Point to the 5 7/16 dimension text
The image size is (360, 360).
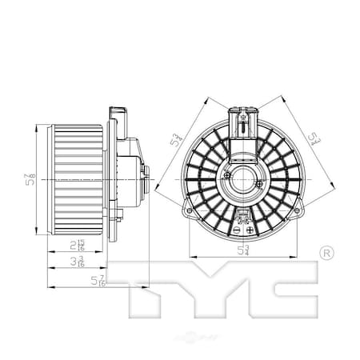[98, 279]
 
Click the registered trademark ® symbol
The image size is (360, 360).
[326, 254]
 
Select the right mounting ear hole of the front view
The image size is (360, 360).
[297, 212]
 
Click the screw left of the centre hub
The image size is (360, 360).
[228, 174]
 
